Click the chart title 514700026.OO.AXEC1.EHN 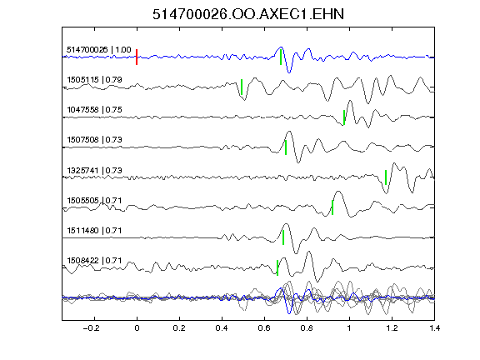[x=248, y=14]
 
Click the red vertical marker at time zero [x=137, y=57]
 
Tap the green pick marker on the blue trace [x=281, y=57]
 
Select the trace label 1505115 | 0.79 [x=95, y=80]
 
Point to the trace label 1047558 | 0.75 [x=95, y=110]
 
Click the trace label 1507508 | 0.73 [x=95, y=140]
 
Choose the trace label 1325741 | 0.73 [x=95, y=170]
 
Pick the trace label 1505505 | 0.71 [x=95, y=201]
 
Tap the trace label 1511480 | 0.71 [x=95, y=231]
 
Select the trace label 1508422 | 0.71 [x=95, y=261]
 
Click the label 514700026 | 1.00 [x=99, y=50]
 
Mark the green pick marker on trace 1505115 [x=242, y=87]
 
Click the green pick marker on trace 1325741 [x=386, y=177]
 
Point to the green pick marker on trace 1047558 [x=344, y=117]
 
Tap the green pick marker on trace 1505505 [x=332, y=207]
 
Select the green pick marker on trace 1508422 [x=277, y=267]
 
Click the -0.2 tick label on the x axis [x=92, y=328]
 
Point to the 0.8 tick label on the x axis [x=307, y=328]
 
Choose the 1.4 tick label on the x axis [x=434, y=328]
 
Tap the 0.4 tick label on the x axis [x=222, y=328]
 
